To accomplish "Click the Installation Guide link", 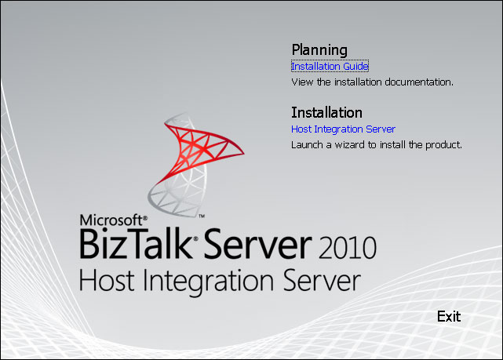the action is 330,66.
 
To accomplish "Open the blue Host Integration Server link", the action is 343,129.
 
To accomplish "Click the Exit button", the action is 449,316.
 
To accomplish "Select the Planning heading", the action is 319,49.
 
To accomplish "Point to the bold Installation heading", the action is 326,112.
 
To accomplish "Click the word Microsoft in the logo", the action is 111,220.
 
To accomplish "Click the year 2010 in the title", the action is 348,247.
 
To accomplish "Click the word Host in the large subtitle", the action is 107,280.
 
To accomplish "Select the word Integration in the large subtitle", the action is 208,282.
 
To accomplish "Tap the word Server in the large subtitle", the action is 322,280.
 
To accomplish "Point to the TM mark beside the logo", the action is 202,216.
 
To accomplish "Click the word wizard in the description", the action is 351,145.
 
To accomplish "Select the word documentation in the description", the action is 419,82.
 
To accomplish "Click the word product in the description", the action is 443,145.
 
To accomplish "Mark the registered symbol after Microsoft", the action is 145,218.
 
